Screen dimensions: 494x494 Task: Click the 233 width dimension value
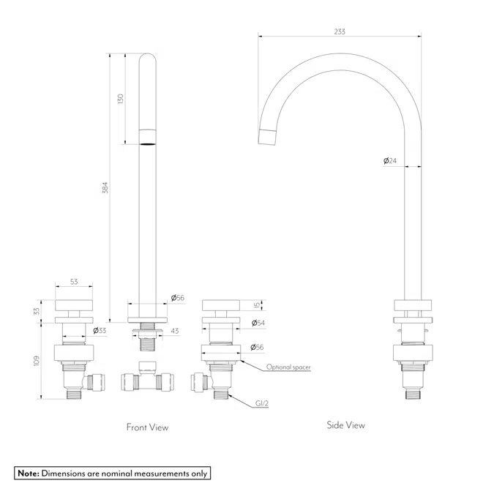coord(339,31)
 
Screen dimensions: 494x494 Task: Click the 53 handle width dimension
coord(75,282)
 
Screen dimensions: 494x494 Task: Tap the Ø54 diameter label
coord(258,323)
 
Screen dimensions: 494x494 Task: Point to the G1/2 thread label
coord(262,403)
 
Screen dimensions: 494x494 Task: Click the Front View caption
coord(147,427)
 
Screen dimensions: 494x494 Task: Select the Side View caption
coord(345,424)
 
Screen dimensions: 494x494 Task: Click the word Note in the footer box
coord(28,474)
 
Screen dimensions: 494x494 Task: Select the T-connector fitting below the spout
coord(147,378)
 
